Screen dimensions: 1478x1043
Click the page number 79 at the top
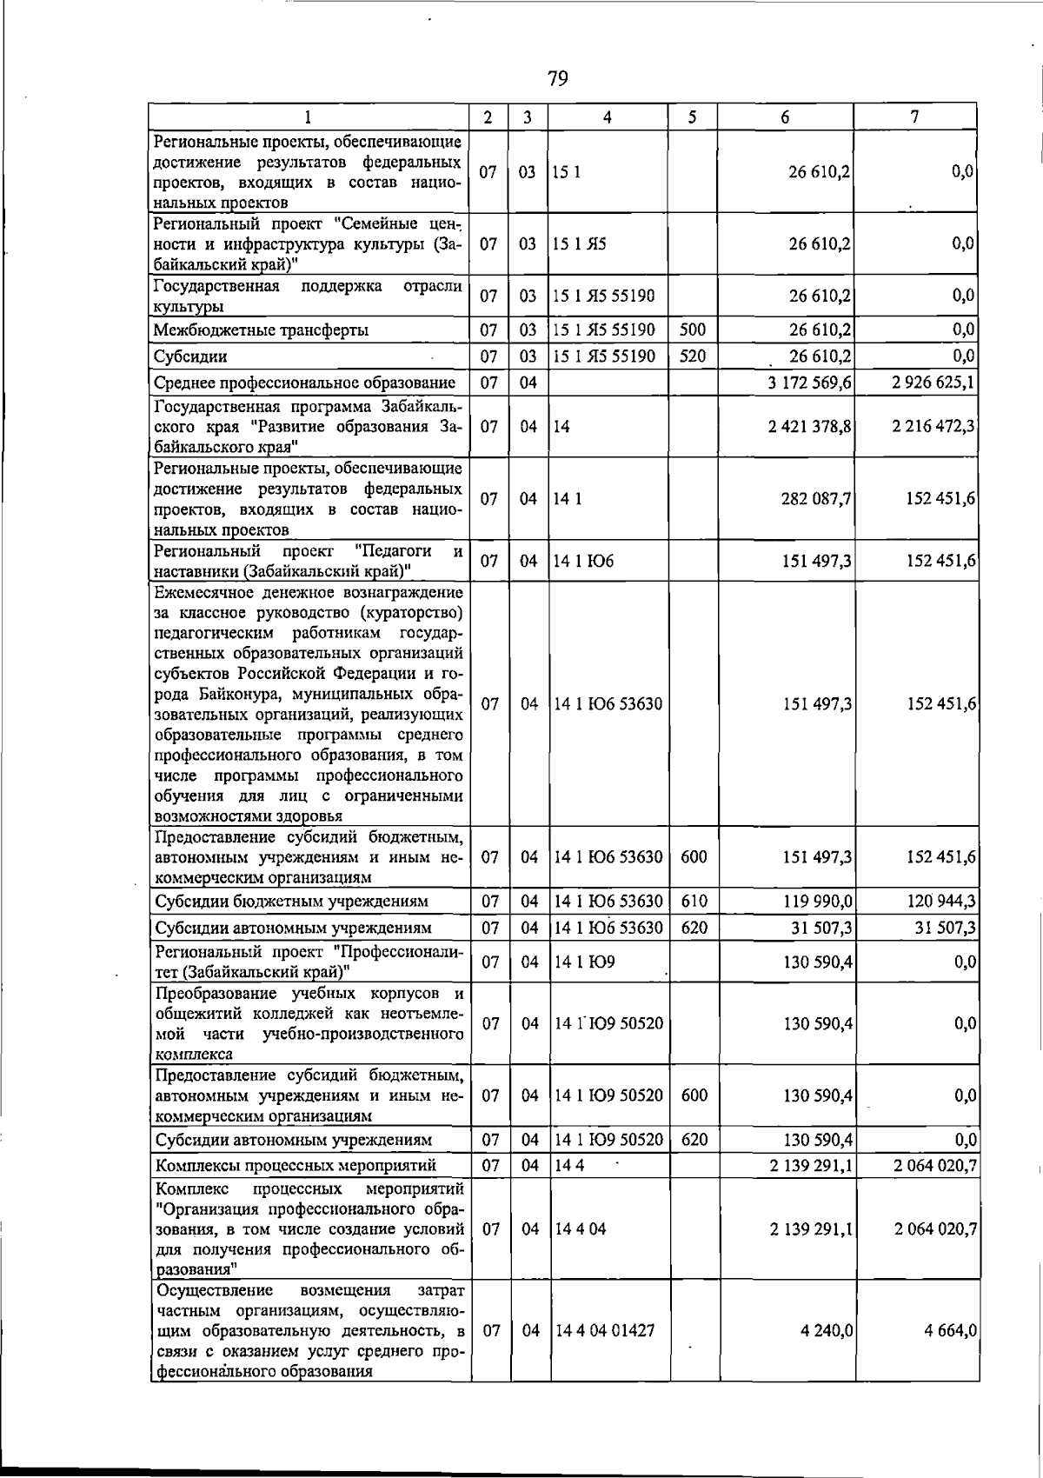[558, 80]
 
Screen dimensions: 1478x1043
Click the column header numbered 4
[607, 117]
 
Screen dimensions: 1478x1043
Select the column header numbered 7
[915, 117]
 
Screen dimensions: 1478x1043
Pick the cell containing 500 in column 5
[693, 330]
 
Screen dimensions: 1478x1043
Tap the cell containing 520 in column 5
[693, 356]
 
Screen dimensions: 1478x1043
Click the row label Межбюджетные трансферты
[261, 330]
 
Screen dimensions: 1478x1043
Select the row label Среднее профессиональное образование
[305, 383]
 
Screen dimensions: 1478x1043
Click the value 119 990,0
[818, 902]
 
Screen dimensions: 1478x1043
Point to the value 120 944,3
[941, 902]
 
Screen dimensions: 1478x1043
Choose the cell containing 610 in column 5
[694, 902]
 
